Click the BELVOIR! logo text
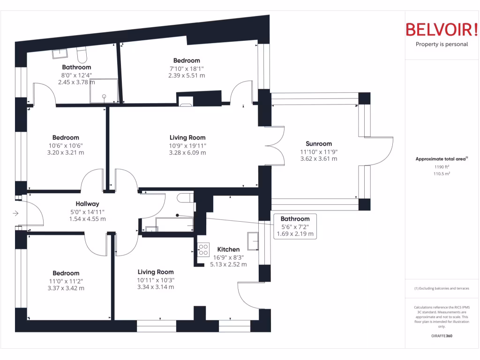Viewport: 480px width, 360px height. click(x=442, y=30)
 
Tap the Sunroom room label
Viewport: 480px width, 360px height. click(x=319, y=144)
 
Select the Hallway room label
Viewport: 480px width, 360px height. click(x=87, y=204)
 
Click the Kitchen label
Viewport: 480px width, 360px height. click(x=228, y=249)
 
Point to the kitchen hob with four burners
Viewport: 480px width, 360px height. click(x=203, y=250)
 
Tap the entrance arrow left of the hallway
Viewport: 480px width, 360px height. click(x=15, y=214)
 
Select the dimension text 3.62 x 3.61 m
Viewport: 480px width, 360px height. click(x=319, y=159)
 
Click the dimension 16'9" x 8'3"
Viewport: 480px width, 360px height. click(x=228, y=257)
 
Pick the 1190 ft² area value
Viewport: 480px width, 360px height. click(x=441, y=167)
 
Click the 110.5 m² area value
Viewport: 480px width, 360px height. click(x=441, y=174)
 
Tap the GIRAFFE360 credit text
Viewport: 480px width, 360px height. click(x=442, y=336)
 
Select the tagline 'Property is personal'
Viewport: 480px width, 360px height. click(x=442, y=45)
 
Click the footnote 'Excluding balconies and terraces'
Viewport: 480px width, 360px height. click(x=442, y=288)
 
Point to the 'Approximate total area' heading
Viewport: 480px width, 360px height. click(x=441, y=159)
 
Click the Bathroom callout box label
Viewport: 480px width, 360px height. click(x=295, y=219)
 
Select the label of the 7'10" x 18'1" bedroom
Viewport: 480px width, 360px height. click(x=187, y=60)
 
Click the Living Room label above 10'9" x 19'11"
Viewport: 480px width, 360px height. click(x=187, y=138)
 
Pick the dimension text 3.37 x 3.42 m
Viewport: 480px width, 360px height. click(x=66, y=288)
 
